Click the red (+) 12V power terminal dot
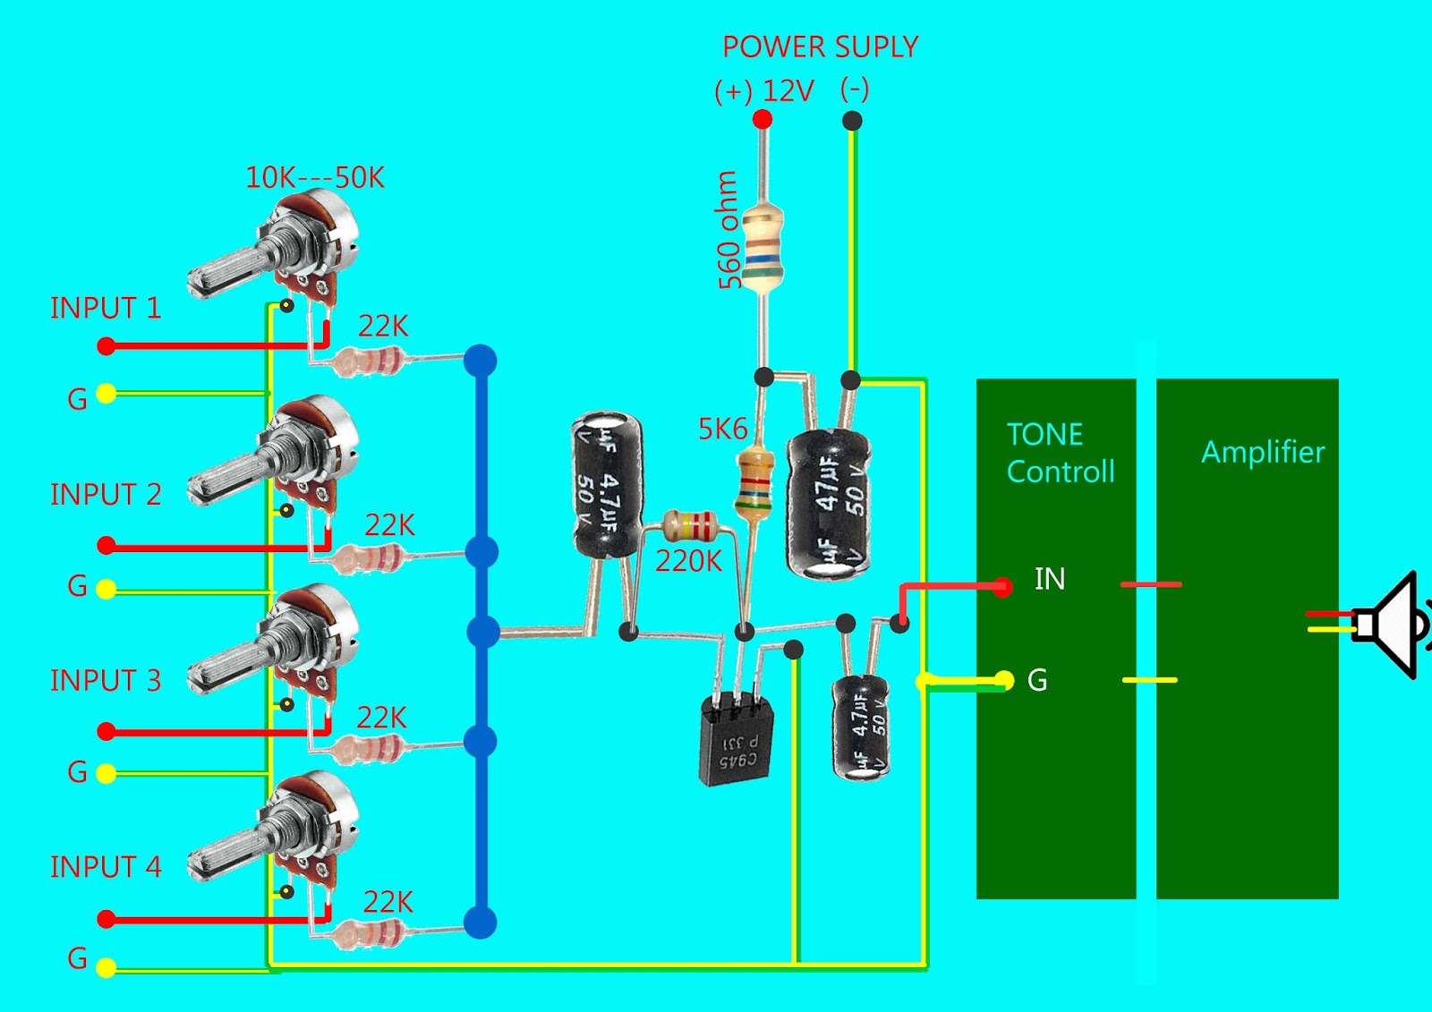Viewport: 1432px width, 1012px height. [762, 119]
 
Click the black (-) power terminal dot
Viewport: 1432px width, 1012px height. [852, 120]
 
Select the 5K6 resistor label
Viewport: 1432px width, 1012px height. [722, 429]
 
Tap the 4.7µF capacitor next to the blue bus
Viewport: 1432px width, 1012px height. [607, 484]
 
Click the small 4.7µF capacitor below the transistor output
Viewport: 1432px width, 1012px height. [861, 727]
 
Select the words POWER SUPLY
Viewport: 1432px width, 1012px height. [820, 47]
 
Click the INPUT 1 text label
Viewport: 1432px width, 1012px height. [106, 308]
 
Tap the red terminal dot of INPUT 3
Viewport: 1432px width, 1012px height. [107, 732]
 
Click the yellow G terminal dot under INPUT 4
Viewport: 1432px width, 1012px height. [106, 967]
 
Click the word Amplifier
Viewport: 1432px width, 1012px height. [1262, 452]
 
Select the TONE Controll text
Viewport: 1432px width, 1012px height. [1060, 453]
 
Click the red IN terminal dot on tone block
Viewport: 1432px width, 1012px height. [1003, 587]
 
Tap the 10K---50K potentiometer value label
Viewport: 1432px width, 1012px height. [315, 177]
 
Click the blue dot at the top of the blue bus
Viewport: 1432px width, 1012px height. [481, 361]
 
